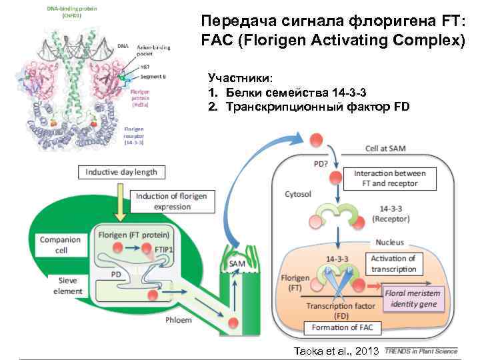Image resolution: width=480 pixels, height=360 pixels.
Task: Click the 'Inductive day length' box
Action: click(x=121, y=172)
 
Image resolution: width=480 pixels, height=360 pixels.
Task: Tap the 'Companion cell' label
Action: click(x=61, y=245)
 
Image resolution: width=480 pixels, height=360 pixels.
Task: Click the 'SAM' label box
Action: click(x=237, y=264)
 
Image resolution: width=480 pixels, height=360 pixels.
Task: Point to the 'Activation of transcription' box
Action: click(x=393, y=263)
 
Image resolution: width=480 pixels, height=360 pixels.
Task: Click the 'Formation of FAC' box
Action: click(x=338, y=328)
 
